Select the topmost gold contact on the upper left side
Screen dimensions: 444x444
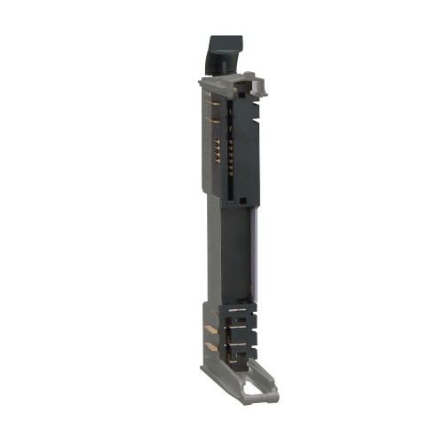click(214, 104)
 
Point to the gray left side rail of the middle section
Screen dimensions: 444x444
click(213, 249)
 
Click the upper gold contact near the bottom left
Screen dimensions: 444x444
click(212, 328)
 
